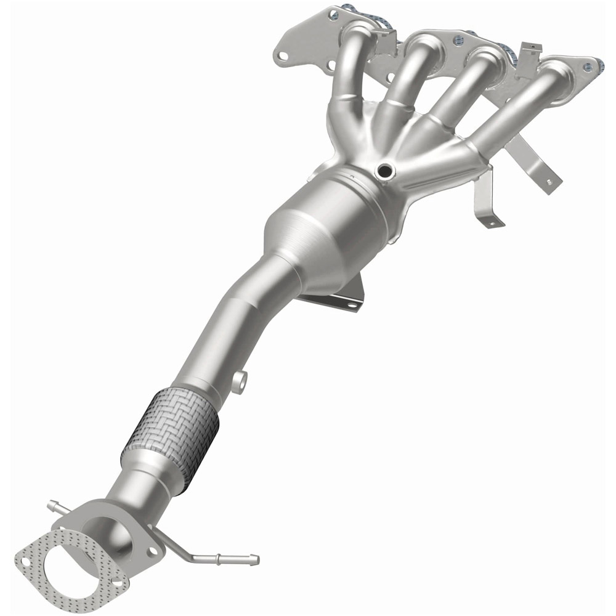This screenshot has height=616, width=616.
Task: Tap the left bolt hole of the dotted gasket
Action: point(26,562)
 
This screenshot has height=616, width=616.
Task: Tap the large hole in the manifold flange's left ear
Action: point(283,56)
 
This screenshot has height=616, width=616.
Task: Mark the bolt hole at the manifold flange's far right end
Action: point(593,63)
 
